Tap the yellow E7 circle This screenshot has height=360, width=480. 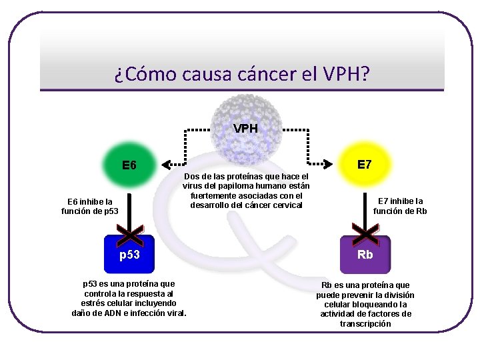364,164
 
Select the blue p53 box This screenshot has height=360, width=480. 129,255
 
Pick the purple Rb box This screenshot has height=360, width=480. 365,255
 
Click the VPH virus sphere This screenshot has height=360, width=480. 246,123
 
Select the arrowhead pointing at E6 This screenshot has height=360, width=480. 167,162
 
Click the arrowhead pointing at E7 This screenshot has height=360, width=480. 327,162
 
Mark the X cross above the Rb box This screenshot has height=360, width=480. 365,233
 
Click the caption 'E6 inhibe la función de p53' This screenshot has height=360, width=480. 89,207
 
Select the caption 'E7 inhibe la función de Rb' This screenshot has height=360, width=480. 400,206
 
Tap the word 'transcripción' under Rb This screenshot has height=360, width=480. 366,323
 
